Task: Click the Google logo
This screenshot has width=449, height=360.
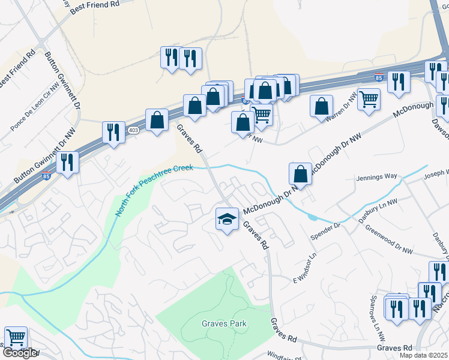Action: point(19,353)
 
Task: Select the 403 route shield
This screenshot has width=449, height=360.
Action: point(133,130)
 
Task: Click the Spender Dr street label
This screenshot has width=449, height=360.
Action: point(325,231)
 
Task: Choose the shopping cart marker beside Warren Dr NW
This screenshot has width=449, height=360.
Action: point(369,99)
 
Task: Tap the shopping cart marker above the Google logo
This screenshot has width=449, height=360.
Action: point(15,338)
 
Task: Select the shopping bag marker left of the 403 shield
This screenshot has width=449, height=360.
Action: point(157,119)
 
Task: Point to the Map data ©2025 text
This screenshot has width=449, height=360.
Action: point(423,355)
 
